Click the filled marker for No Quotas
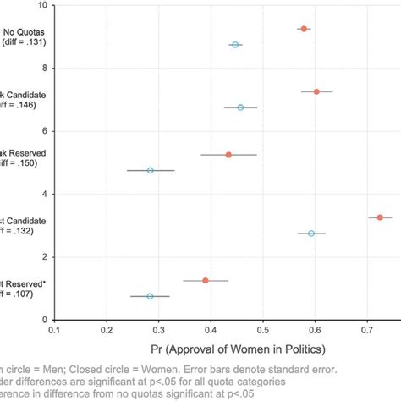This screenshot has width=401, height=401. (304, 29)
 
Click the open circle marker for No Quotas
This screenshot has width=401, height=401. (235, 44)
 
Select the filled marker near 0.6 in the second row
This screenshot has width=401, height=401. (316, 91)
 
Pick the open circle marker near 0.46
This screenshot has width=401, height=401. (240, 107)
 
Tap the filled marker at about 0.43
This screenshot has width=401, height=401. (228, 155)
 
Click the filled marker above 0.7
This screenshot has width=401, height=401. (380, 217)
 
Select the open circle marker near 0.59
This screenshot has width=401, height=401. (311, 233)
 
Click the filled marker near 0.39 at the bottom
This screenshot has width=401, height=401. (206, 280)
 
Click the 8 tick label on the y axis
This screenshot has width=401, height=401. (44, 68)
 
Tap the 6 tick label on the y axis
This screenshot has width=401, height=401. (44, 131)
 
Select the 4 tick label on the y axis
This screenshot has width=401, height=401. (44, 194)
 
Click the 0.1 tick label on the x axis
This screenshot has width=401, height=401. (54, 331)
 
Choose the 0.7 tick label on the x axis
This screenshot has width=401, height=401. (367, 331)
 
